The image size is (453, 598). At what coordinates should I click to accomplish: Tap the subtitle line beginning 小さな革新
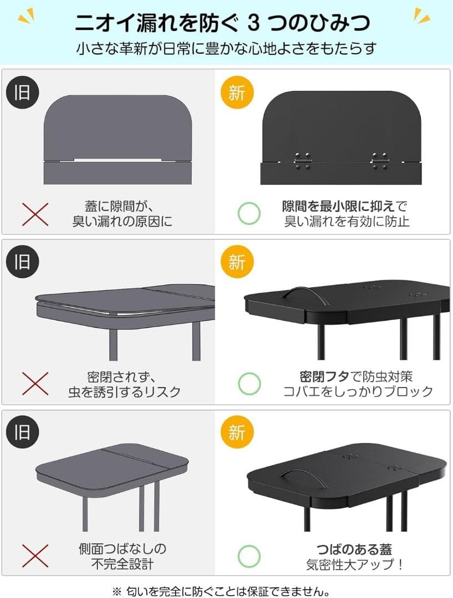[x=226, y=49]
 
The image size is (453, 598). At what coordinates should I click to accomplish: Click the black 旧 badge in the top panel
[x=23, y=92]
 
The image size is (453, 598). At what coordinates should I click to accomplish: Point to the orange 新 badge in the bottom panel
[x=237, y=432]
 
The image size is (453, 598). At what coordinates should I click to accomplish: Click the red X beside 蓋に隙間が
[x=35, y=214]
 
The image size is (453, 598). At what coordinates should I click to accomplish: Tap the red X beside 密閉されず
[x=35, y=384]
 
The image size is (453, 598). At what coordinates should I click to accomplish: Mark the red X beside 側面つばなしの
[x=35, y=556]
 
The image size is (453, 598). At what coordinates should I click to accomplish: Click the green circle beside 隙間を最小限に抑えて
[x=249, y=213]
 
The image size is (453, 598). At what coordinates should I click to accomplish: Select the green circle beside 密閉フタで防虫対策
[x=249, y=384]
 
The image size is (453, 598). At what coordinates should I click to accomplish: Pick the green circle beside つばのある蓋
[x=249, y=556]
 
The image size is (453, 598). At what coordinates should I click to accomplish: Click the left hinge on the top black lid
[x=302, y=161]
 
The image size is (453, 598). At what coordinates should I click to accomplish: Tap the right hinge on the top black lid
[x=380, y=161]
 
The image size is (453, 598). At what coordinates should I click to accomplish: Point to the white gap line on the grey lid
[x=117, y=160]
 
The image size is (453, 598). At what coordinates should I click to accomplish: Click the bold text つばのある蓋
[x=354, y=550]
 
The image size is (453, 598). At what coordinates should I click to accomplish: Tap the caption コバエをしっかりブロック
[x=358, y=391]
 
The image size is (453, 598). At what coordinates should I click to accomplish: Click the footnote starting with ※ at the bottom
[x=222, y=591]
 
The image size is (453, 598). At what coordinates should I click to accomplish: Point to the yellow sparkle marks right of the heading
[x=422, y=16]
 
